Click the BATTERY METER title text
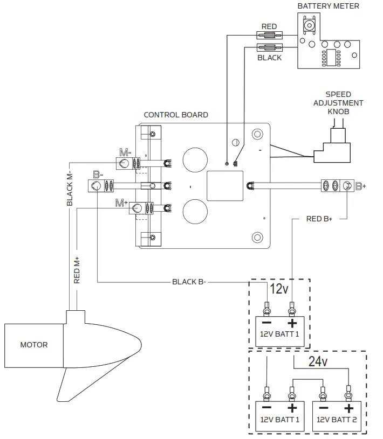[x=328, y=6]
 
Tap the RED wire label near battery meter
[x=269, y=26]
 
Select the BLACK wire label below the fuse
[x=269, y=58]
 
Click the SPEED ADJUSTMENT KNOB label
[x=338, y=102]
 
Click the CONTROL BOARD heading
[x=176, y=115]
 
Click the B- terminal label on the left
[x=98, y=175]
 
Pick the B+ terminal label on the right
[x=360, y=186]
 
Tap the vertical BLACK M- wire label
[x=70, y=190]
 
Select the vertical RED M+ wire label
[x=77, y=269]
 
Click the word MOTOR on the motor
[x=33, y=345]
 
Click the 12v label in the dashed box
[x=279, y=289]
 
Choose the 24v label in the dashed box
[x=318, y=362]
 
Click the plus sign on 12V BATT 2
[x=349, y=407]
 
